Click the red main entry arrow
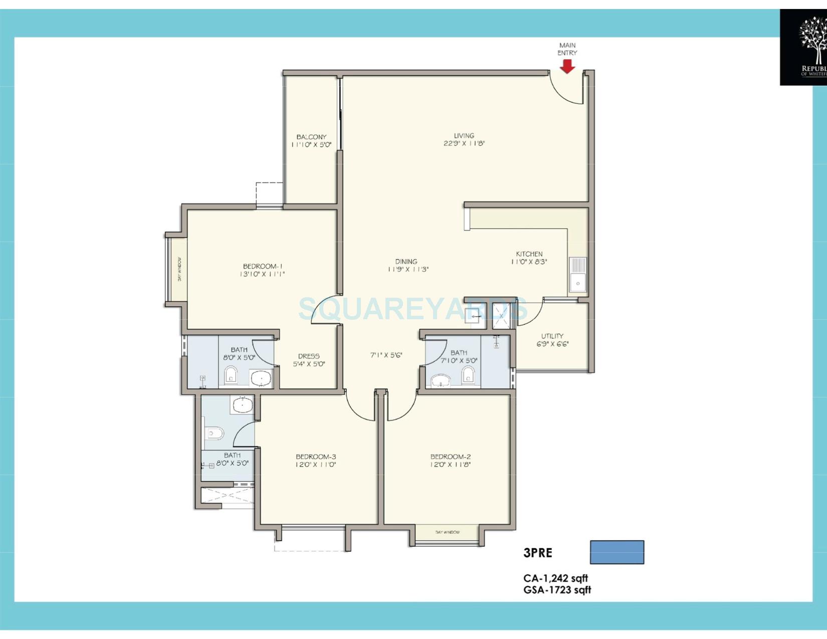[x=567, y=66]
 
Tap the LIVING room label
[x=464, y=135]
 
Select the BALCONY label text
[x=311, y=137]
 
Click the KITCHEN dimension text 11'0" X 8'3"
[x=529, y=262]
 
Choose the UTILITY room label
[x=552, y=336]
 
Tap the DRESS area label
[x=309, y=356]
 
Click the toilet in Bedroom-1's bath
[x=231, y=374]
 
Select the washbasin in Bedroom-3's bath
[x=243, y=404]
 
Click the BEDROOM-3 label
[x=316, y=457]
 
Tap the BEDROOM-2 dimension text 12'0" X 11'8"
[x=450, y=465]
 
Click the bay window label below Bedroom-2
[x=448, y=532]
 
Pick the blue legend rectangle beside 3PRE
[x=616, y=552]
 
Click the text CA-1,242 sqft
[x=555, y=578]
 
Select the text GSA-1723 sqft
[x=557, y=590]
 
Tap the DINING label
[x=406, y=261]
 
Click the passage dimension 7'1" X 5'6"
[x=386, y=355]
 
